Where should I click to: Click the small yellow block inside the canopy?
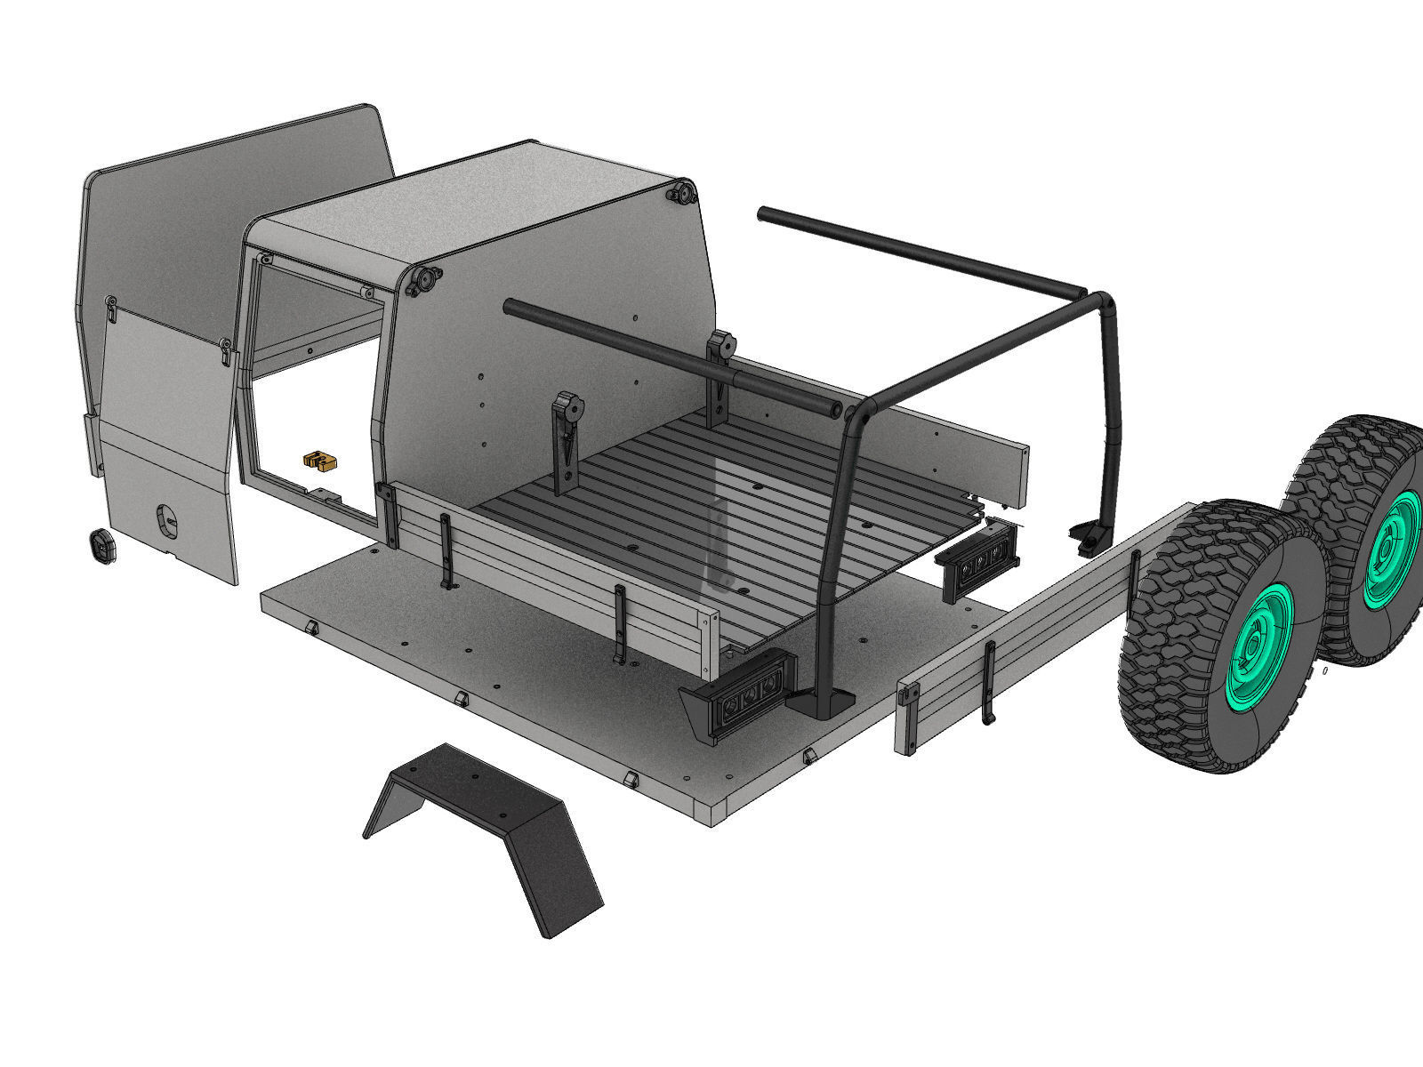(x=320, y=460)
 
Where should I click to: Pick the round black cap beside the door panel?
(x=105, y=545)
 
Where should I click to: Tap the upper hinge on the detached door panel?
(x=110, y=308)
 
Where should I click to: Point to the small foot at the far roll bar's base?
(x=1089, y=538)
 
